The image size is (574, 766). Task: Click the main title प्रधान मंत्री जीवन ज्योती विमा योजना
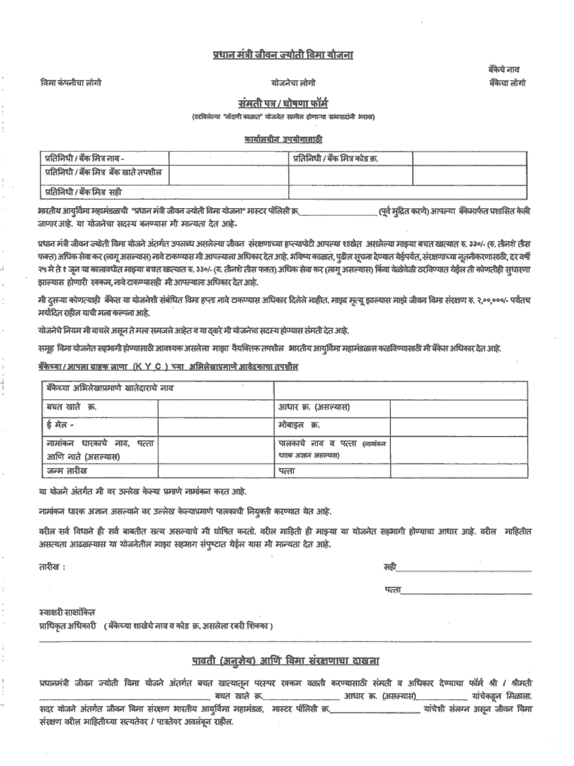283,56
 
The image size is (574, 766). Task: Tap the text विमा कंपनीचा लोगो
71,83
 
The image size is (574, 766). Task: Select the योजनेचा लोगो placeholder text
293,83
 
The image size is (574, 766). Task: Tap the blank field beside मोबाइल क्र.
458,424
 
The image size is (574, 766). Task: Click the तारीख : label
52,567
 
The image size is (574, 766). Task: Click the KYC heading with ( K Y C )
167,367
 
